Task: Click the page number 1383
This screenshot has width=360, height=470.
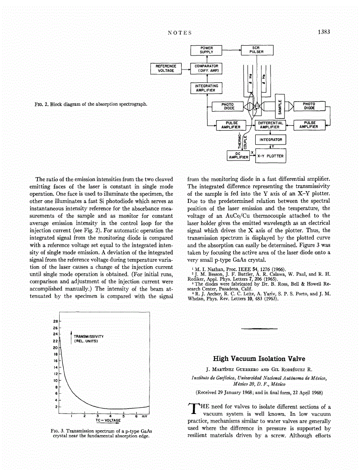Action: click(x=324, y=32)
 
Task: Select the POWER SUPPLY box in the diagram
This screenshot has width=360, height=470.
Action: click(x=206, y=50)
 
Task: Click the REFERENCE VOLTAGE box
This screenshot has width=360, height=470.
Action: click(x=166, y=68)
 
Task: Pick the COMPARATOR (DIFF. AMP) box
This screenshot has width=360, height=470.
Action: click(x=206, y=68)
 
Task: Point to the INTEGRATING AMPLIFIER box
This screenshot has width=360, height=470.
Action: click(x=206, y=88)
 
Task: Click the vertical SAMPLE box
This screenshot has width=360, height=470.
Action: click(x=280, y=107)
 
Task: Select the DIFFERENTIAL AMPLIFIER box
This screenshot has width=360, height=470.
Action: click(x=270, y=125)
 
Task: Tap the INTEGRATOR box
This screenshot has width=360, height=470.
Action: click(x=271, y=140)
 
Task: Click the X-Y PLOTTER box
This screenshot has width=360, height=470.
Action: click(x=271, y=156)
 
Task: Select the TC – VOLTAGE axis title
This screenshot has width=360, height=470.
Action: click(x=108, y=420)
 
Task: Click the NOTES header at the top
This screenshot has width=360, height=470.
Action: click(x=180, y=33)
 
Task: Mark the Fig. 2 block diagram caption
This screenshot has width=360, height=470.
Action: click(x=91, y=104)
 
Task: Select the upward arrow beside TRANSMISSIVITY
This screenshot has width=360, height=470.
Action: click(x=71, y=337)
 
